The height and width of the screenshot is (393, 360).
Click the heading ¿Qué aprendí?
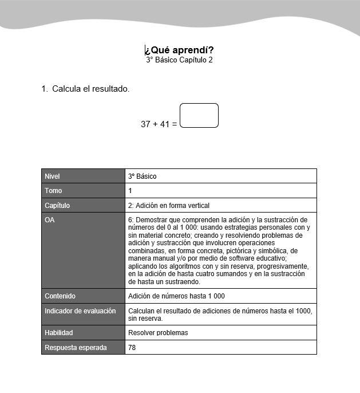[x=179, y=50]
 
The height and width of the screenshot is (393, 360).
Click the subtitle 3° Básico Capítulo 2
[x=179, y=60]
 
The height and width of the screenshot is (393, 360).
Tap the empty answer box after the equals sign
[x=199, y=115]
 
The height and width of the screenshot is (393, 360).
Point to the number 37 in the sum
[x=146, y=124]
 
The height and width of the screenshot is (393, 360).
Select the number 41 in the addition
[x=164, y=124]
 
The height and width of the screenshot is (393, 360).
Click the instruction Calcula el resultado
[x=90, y=89]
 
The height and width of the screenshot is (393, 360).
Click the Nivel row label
[x=52, y=176]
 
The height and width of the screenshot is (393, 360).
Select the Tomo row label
[x=53, y=190]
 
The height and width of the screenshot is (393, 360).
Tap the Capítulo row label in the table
[x=57, y=205]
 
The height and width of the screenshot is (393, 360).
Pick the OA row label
[x=50, y=219]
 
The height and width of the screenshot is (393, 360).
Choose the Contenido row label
[x=60, y=296]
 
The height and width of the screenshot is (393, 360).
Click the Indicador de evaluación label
[x=80, y=311]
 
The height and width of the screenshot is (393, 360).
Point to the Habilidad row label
[x=59, y=332]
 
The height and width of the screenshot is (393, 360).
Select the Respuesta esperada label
[x=76, y=347]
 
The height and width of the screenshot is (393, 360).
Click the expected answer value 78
[x=132, y=347]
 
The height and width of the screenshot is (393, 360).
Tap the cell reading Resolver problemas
[x=158, y=332]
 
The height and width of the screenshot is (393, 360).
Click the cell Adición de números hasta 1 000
[x=176, y=296]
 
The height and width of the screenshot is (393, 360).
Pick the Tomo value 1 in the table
[x=130, y=190]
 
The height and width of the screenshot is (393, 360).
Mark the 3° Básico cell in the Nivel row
[x=143, y=176]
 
